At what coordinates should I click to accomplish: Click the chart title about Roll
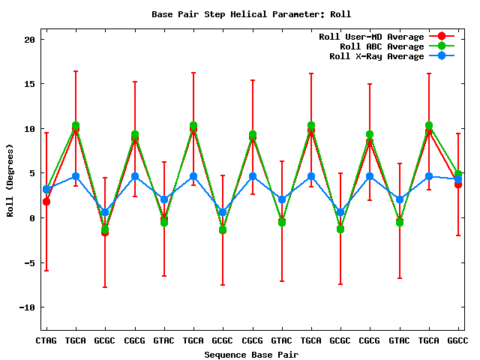point(251,14)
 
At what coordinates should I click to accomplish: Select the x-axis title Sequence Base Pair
point(251,354)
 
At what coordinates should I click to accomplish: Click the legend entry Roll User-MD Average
point(371,37)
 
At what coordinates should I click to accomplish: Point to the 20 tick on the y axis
point(29,40)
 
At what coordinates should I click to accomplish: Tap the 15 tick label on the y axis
point(29,84)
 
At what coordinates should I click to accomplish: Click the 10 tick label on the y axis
point(29,129)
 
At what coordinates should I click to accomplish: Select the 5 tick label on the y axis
point(32,173)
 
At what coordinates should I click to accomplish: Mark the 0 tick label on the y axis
point(32,218)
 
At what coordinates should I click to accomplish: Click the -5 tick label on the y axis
point(29,262)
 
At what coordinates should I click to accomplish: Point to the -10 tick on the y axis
point(27,307)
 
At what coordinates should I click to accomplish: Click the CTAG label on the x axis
point(46,340)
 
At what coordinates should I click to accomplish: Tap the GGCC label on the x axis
point(457,340)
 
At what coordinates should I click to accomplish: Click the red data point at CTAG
point(46,202)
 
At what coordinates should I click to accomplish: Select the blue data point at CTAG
point(46,189)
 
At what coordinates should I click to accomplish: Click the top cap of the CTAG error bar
point(46,133)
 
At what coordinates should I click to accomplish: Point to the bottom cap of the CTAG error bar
point(46,271)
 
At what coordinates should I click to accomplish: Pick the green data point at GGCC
point(457,174)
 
